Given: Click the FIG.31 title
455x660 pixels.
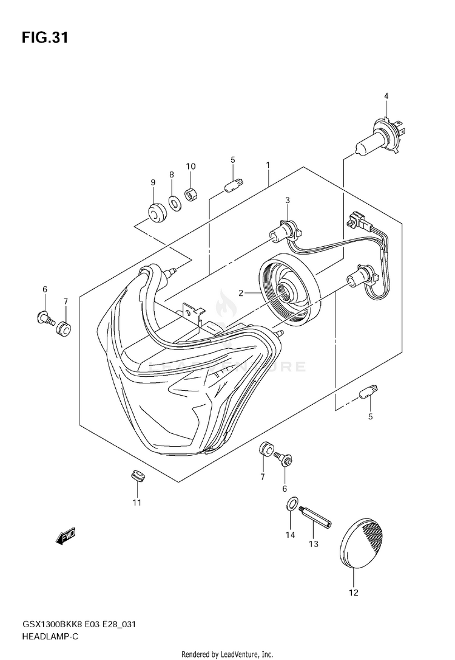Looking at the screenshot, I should click(x=44, y=38).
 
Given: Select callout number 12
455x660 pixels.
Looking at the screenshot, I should click(x=354, y=593).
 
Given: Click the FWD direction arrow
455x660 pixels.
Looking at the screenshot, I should click(x=64, y=535).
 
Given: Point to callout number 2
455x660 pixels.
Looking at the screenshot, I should click(x=241, y=293).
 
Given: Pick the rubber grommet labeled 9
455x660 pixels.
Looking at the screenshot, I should click(x=157, y=211).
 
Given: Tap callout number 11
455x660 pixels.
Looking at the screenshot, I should click(x=137, y=502).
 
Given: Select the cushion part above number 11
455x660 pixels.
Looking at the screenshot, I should click(x=138, y=476).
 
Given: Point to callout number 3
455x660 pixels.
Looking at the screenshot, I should click(x=288, y=200).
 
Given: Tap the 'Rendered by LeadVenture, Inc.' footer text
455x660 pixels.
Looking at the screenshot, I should click(x=228, y=654).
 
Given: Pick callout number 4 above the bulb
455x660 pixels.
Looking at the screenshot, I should click(x=385, y=96).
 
